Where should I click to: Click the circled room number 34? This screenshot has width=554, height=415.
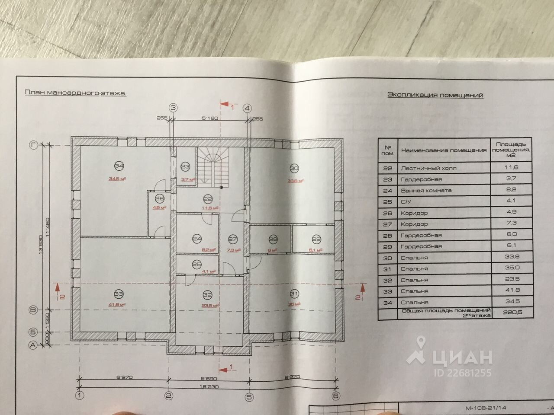pyautogui.click(x=119, y=166)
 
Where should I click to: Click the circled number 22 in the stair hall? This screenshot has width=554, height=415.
pyautogui.click(x=208, y=199)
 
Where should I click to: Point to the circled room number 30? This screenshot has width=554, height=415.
pyautogui.click(x=294, y=168)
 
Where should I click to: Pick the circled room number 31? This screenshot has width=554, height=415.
pyautogui.click(x=294, y=294)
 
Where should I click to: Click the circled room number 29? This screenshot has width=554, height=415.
pyautogui.click(x=316, y=240)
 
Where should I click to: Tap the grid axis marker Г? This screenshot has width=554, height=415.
pyautogui.click(x=32, y=145)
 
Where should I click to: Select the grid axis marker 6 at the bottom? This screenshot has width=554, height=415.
pyautogui.click(x=336, y=396)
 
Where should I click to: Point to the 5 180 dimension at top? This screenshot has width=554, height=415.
pyautogui.click(x=209, y=118)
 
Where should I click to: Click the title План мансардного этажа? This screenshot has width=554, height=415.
pyautogui.click(x=75, y=93)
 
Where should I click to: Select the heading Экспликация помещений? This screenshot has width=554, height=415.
pyautogui.click(x=435, y=95)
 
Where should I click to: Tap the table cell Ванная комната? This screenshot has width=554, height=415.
pyautogui.click(x=426, y=190)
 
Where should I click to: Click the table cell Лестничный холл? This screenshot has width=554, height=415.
pyautogui.click(x=428, y=168)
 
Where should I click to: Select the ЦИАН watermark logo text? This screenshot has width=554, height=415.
pyautogui.click(x=461, y=357)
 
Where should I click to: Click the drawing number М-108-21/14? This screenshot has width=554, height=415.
pyautogui.click(x=486, y=408)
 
